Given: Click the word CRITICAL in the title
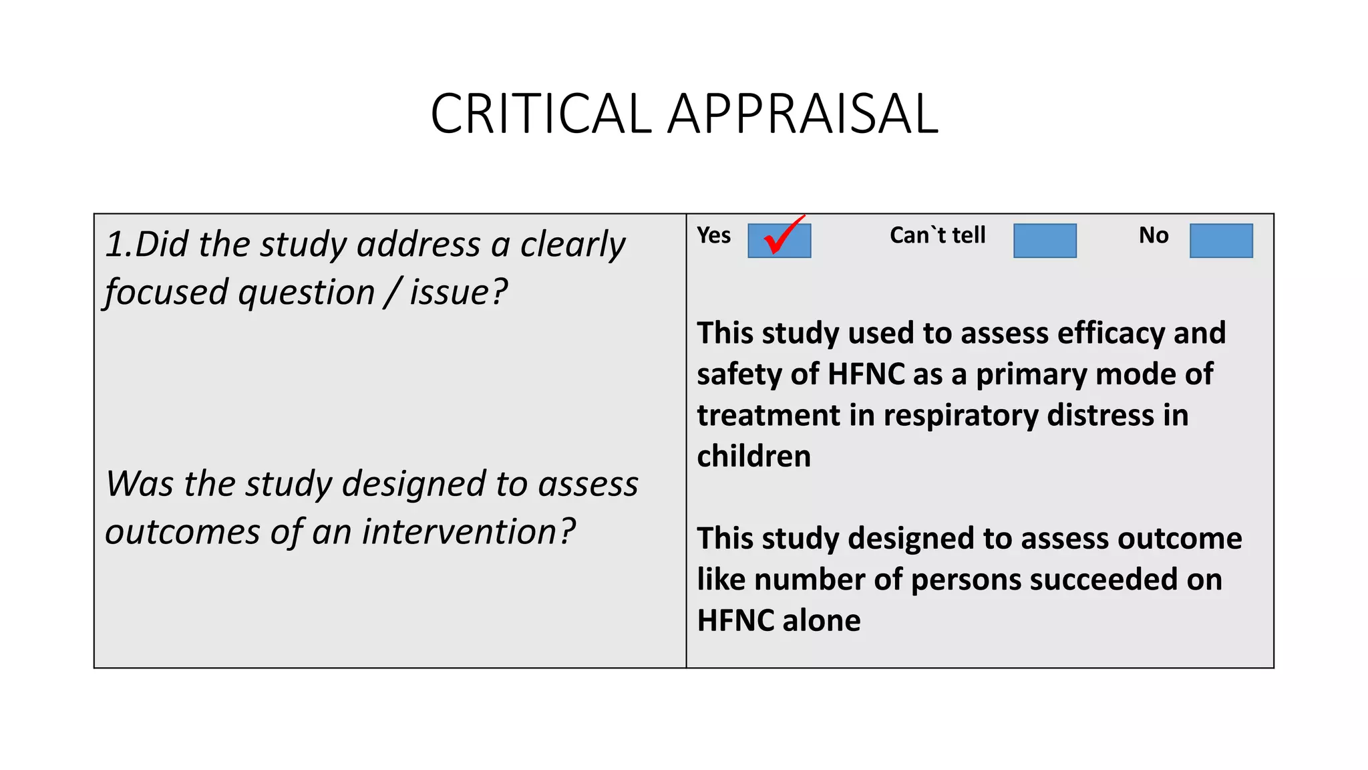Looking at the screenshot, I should click(540, 114).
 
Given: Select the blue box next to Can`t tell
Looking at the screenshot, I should click(1045, 241).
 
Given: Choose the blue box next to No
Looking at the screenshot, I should click(1221, 241).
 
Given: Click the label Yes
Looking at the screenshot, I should click(713, 235).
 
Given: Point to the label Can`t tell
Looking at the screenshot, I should click(937, 235).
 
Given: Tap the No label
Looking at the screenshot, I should click(1154, 235).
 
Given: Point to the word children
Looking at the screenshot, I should click(753, 457).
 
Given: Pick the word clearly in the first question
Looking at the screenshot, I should click(572, 245).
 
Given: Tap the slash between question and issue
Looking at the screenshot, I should click(392, 293).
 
